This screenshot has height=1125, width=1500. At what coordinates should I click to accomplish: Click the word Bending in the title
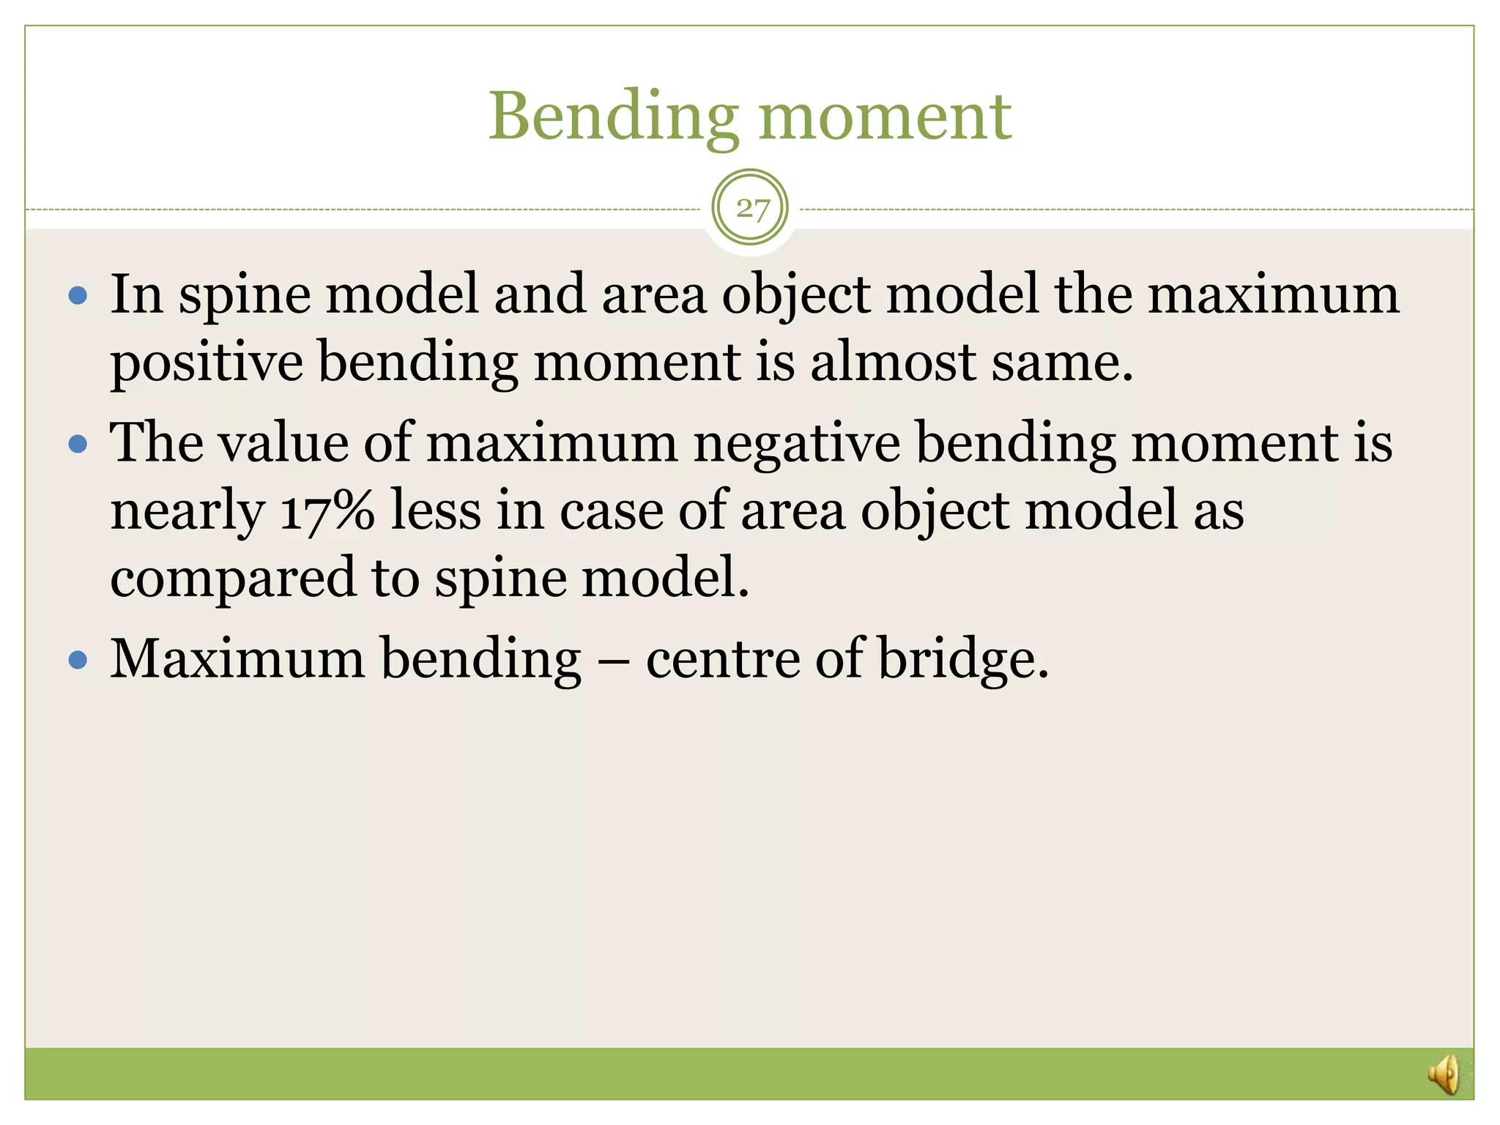614,117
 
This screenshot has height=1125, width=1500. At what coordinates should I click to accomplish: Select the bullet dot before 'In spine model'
78,296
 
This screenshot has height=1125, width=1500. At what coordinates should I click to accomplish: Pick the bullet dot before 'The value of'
78,444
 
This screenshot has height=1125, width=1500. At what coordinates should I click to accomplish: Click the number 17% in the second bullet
327,510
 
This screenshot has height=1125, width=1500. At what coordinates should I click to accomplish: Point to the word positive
207,363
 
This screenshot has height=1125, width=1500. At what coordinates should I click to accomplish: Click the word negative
797,444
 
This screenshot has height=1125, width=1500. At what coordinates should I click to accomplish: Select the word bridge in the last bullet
962,659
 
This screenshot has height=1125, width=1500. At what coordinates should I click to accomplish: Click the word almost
893,363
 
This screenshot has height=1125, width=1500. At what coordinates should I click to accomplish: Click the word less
436,510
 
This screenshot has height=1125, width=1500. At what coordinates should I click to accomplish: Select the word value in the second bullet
283,444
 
